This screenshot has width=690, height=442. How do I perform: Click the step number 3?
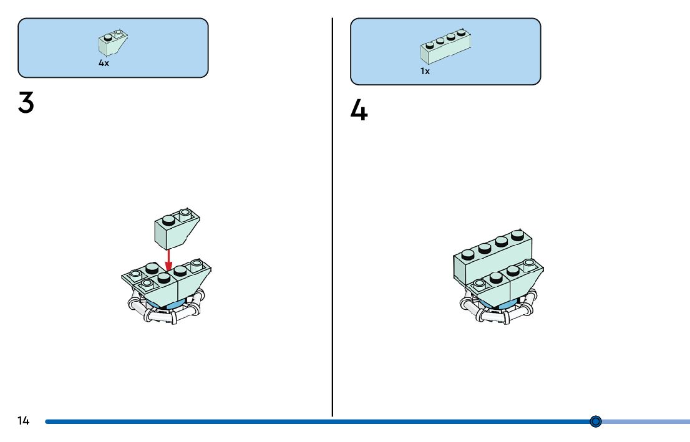(x=26, y=103)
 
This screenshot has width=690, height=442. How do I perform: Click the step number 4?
(x=359, y=111)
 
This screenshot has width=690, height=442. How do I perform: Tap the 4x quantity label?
(x=104, y=63)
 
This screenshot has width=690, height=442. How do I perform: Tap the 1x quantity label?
(x=425, y=71)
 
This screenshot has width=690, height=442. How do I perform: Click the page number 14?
(x=23, y=421)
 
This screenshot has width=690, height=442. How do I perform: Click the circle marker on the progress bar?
(x=595, y=422)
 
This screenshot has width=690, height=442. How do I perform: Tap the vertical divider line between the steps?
(x=333, y=218)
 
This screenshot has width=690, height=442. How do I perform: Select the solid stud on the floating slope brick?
(x=167, y=220)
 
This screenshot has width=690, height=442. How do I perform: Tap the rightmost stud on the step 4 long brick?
(x=517, y=235)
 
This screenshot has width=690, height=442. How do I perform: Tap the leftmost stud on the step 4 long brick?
(x=468, y=253)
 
